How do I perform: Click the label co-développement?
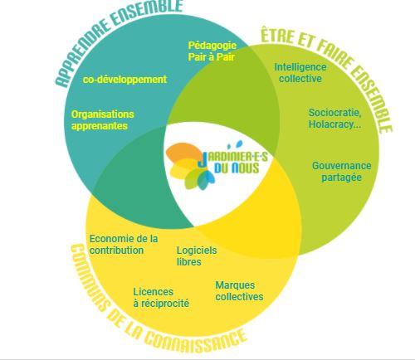tap(124, 80)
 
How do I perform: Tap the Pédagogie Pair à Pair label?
tap(212, 51)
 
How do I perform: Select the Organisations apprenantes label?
tap(103, 120)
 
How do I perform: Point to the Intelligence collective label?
tap(300, 73)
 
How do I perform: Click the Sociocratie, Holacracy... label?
tap(334, 119)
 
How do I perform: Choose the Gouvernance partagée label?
tap(341, 172)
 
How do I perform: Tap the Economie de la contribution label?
tap(124, 245)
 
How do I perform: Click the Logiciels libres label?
tap(197, 256)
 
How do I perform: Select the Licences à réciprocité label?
tap(161, 298)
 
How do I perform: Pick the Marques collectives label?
tap(239, 291)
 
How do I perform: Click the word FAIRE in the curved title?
tap(333, 55)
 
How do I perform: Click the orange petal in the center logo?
tap(183, 152)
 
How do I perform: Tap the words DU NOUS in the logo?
tap(237, 168)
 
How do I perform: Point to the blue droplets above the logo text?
tap(235, 144)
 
